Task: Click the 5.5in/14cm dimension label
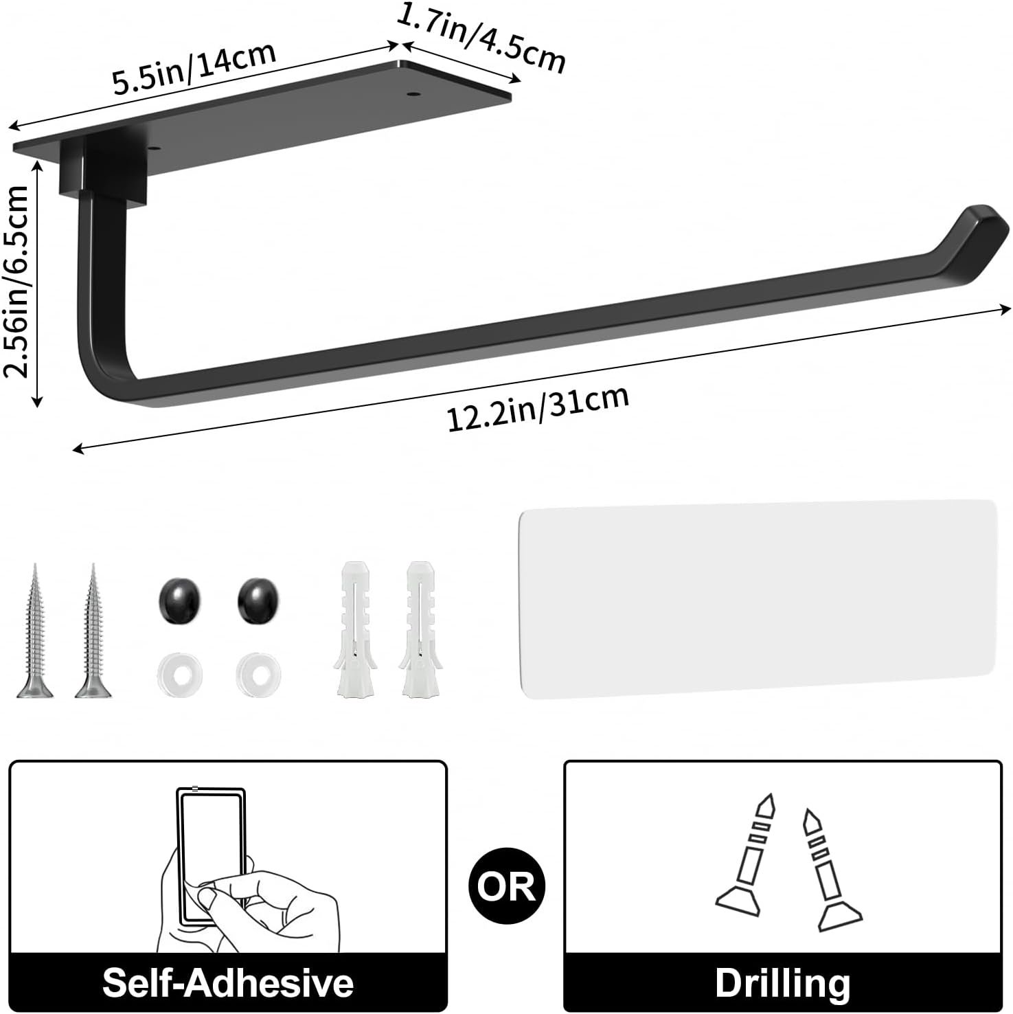pyautogui.click(x=194, y=68)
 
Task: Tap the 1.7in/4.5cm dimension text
pyautogui.click(x=481, y=38)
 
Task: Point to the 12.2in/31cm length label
pyautogui.click(x=538, y=409)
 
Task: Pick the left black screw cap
pyautogui.click(x=179, y=600)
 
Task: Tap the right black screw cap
pyautogui.click(x=258, y=600)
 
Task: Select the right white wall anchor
pyautogui.click(x=418, y=629)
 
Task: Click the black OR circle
pyautogui.click(x=506, y=886)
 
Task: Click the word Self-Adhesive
pyautogui.click(x=228, y=982)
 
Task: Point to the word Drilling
pyautogui.click(x=782, y=982)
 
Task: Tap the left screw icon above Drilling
pyautogui.click(x=749, y=852)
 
